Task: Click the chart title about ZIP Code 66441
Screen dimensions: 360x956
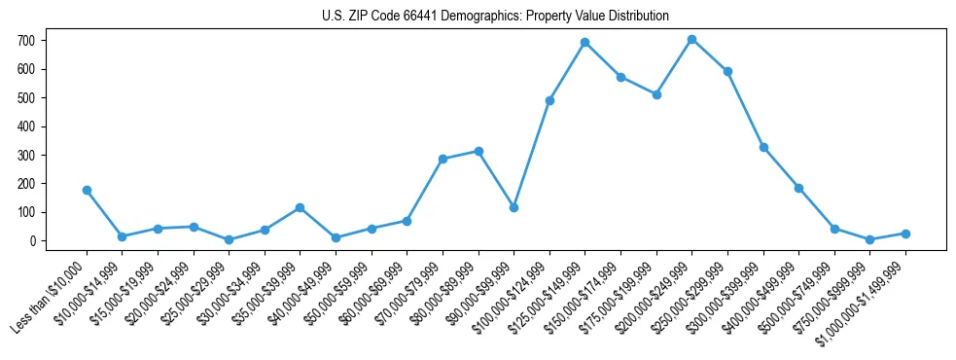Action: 495,16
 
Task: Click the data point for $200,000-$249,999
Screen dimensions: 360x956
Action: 691,40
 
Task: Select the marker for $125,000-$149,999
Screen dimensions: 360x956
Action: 584,43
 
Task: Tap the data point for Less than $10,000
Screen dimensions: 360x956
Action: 87,191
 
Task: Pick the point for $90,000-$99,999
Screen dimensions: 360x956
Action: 513,207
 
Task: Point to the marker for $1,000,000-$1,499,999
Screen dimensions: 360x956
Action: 905,234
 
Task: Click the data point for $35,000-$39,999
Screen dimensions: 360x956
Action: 300,207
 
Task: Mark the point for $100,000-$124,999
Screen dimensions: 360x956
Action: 549,100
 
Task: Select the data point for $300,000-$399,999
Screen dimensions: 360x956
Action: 763,148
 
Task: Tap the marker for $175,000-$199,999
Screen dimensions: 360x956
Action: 656,94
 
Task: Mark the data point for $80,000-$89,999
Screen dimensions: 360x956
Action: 478,151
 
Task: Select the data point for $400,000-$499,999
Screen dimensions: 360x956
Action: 798,188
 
